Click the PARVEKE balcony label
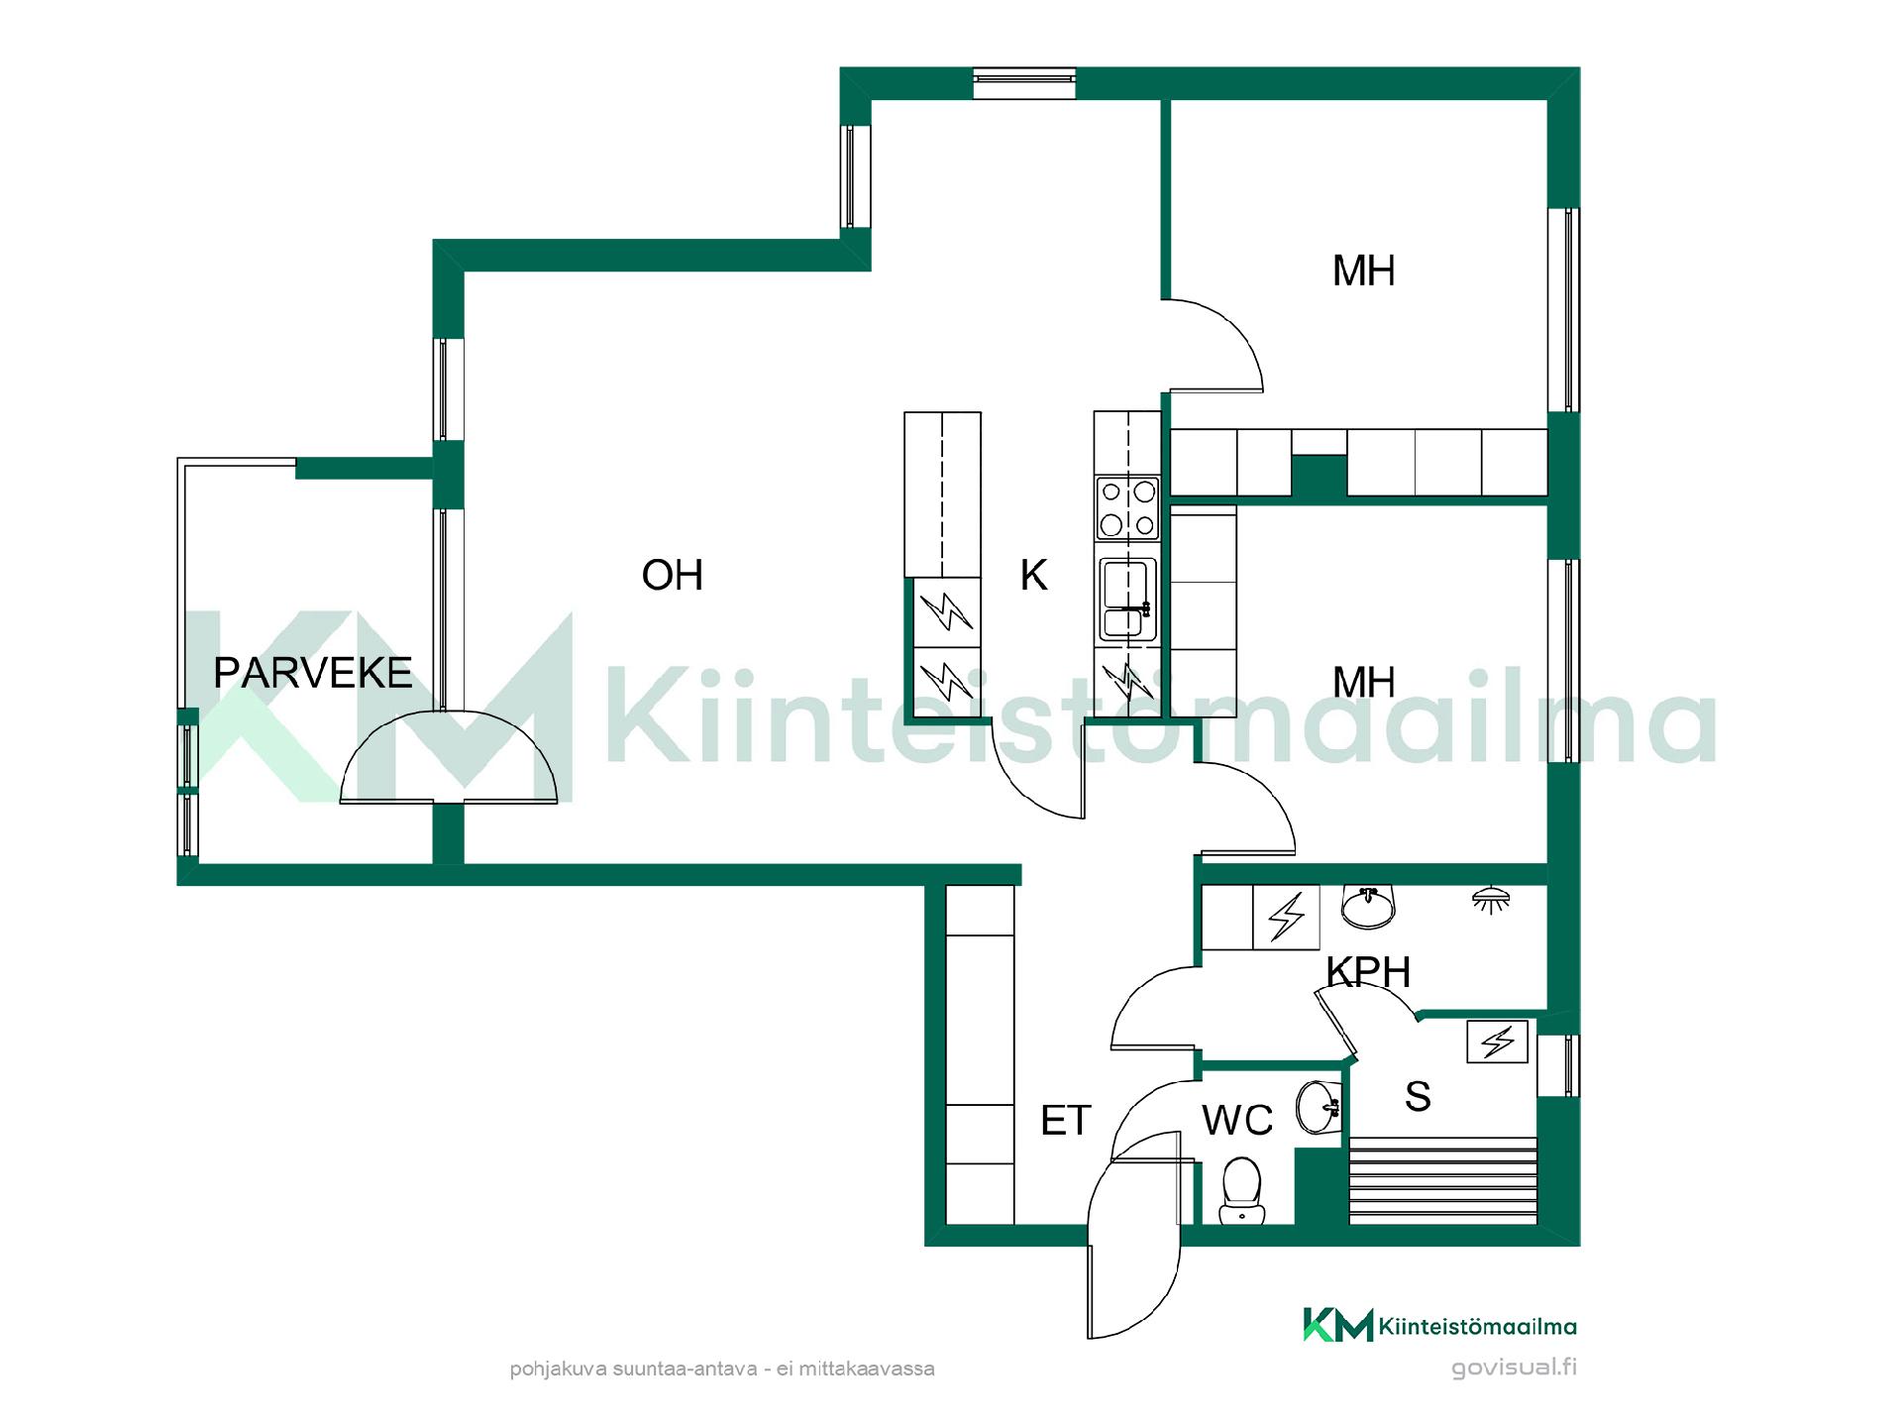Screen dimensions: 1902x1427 point(313,673)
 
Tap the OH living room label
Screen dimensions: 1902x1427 point(673,575)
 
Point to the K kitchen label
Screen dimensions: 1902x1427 point(1033,575)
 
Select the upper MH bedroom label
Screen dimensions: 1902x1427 point(1364,271)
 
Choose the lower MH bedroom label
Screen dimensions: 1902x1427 point(1364,682)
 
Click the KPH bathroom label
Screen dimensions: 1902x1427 point(1368,972)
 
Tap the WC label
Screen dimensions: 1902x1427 point(1237,1121)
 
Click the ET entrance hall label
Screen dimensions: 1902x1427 point(1066,1121)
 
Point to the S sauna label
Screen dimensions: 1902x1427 point(1418,1096)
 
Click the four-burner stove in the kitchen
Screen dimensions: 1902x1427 point(1127,507)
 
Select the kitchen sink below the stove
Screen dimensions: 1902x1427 point(1127,598)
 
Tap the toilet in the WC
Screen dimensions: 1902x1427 point(1240,1191)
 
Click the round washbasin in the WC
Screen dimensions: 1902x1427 point(1319,1107)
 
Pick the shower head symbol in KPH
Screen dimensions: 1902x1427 point(1491,899)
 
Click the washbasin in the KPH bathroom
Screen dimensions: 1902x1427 point(1368,907)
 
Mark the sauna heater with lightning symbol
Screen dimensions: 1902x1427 point(1498,1042)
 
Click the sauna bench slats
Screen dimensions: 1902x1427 point(1443,1180)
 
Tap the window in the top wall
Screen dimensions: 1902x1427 point(1023,83)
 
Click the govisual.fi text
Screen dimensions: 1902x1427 point(1514,1368)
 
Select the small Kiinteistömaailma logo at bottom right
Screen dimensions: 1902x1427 point(1439,1325)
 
